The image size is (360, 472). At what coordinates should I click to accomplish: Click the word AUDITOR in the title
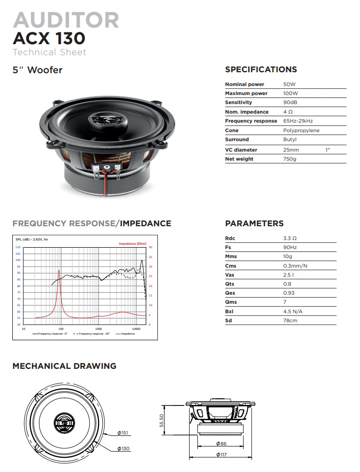click(x=66, y=20)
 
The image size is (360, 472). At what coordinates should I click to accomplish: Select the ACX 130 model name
click(x=49, y=38)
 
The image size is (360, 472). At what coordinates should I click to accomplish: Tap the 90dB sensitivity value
click(x=291, y=103)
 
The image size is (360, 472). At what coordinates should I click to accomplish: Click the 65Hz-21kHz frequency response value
click(x=298, y=121)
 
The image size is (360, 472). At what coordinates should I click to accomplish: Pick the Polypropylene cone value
click(x=301, y=130)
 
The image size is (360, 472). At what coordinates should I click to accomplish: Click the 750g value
click(x=290, y=159)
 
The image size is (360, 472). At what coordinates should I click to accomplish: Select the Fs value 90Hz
click(x=290, y=247)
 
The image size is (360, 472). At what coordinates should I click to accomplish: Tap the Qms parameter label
click(x=231, y=302)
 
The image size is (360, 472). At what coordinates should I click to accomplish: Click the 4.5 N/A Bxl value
click(x=293, y=311)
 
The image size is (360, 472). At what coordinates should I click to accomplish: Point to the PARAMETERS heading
click(x=254, y=223)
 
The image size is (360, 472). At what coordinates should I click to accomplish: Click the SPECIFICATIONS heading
click(x=261, y=69)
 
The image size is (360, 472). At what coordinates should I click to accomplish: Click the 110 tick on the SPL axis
click(x=18, y=247)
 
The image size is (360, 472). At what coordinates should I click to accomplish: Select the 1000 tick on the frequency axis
click(x=98, y=328)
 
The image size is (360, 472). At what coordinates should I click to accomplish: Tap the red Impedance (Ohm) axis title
click(x=132, y=243)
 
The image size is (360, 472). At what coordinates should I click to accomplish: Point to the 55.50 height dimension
click(x=162, y=420)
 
